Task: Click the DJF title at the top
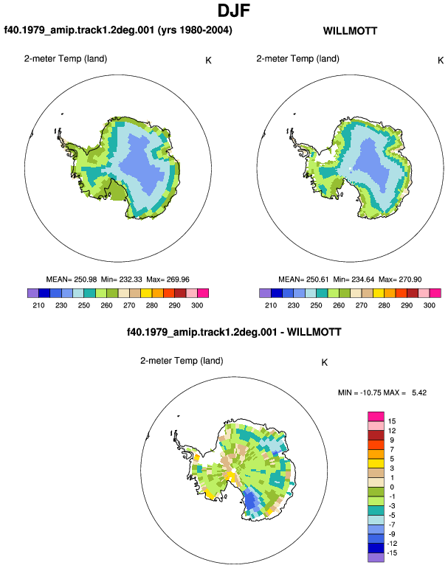[234, 10]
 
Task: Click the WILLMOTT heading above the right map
[350, 31]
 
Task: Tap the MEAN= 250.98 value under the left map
[72, 280]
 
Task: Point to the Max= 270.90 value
[400, 280]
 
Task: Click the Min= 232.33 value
[122, 280]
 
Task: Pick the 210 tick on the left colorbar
[38, 305]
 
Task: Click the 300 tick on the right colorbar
[429, 305]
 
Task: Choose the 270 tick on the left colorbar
[129, 305]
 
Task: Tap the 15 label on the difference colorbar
[392, 421]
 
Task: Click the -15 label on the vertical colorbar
[392, 553]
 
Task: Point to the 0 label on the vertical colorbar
[392, 487]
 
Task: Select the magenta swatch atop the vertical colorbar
[376, 416]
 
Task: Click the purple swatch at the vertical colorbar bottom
[376, 558]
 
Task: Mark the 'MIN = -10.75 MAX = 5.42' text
[382, 392]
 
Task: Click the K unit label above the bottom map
[325, 363]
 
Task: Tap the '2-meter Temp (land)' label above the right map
[297, 59]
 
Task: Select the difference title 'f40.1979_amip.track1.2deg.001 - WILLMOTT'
[234, 332]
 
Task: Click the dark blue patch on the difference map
[250, 502]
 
